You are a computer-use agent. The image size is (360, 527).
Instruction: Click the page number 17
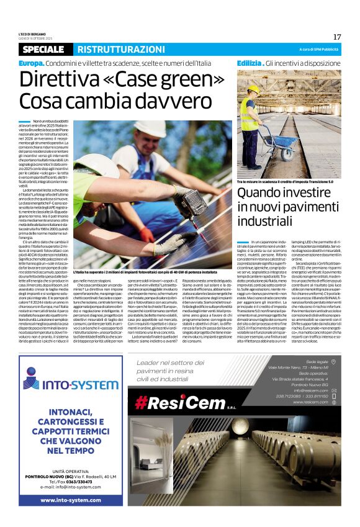click(337, 37)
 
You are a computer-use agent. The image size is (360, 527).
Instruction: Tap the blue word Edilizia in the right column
click(250, 63)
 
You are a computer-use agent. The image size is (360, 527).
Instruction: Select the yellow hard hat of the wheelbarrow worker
click(253, 89)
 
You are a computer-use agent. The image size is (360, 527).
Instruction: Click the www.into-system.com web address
click(70, 499)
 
